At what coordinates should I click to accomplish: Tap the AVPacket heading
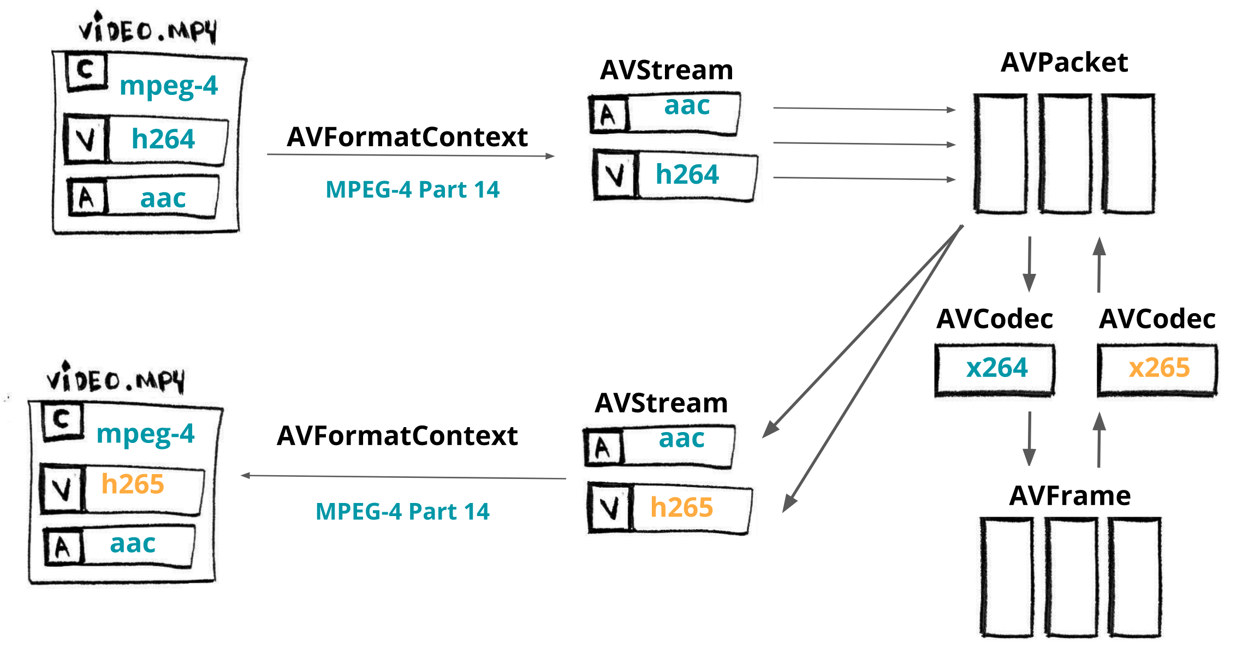[1064, 62]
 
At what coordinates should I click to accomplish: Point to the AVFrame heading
[1069, 495]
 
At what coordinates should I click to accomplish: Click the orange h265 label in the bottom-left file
[133, 484]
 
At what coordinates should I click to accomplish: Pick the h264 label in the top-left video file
[163, 139]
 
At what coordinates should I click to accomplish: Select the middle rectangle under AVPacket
[1065, 154]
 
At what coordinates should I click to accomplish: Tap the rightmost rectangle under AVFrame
[1134, 577]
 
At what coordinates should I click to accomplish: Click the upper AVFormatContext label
[407, 136]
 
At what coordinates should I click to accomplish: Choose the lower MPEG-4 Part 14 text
[402, 512]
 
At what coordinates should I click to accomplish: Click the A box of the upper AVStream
[608, 115]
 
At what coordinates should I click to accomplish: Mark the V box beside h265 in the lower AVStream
[610, 508]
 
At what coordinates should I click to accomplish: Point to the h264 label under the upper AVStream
[687, 175]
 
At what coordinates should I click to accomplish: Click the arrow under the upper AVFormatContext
[411, 155]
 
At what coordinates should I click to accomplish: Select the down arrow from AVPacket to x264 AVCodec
[1029, 264]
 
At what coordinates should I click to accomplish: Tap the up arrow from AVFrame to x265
[1099, 440]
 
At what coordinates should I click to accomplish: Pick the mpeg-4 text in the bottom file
[145, 434]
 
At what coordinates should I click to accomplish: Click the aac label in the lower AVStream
[681, 438]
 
